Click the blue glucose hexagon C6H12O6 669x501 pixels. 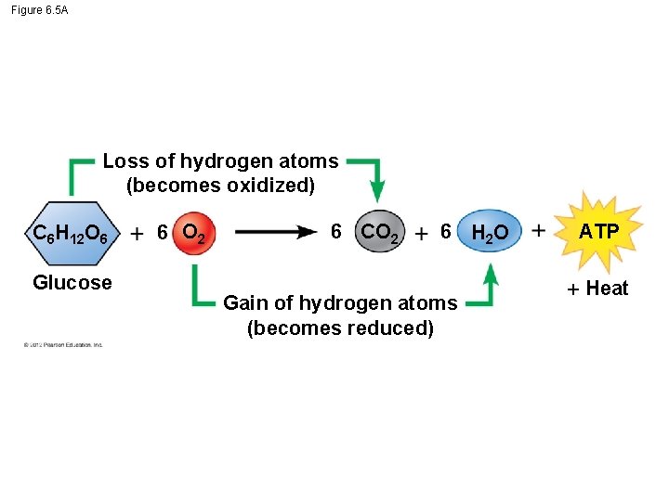[71, 233]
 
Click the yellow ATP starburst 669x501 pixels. [598, 231]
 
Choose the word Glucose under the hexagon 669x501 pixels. [72, 283]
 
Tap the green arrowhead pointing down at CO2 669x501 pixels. [376, 192]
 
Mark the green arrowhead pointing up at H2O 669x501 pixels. [491, 273]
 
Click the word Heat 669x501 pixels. [607, 289]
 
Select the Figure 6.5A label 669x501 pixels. [40, 9]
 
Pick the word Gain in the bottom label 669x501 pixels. [245, 302]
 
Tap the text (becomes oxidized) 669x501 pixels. [220, 186]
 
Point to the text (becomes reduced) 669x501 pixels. [340, 328]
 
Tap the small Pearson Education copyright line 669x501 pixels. [63, 345]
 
